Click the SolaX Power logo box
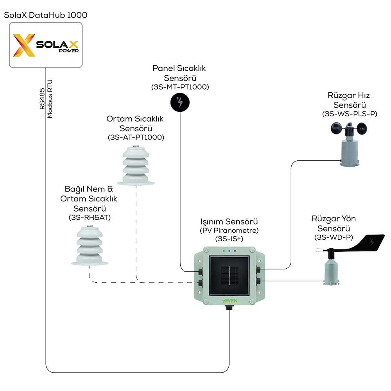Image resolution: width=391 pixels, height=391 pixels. (x=46, y=45)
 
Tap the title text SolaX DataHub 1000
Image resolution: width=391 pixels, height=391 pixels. (x=46, y=15)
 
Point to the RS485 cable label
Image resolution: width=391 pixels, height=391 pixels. (x=42, y=99)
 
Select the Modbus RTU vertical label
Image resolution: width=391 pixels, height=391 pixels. (x=50, y=99)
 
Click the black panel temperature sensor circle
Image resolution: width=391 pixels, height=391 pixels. (x=180, y=102)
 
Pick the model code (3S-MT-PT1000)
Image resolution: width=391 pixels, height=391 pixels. (x=180, y=87)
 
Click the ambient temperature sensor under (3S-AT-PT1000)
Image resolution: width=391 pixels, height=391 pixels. (x=136, y=165)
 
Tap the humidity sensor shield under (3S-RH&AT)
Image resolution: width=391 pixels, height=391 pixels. (x=90, y=246)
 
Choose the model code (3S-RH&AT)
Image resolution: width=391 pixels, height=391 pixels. (x=90, y=217)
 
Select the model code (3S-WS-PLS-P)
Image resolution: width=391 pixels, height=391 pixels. (x=350, y=114)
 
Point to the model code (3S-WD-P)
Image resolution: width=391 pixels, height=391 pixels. (x=334, y=237)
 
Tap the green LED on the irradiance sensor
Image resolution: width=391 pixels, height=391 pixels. (x=224, y=251)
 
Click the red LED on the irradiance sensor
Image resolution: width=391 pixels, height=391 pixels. (x=235, y=251)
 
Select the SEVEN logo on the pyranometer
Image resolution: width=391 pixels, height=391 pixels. (x=230, y=300)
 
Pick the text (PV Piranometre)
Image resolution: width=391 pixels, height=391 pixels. (x=229, y=230)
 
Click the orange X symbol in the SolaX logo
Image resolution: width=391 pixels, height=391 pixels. (x=24, y=45)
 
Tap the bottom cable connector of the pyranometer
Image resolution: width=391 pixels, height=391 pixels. (x=229, y=308)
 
